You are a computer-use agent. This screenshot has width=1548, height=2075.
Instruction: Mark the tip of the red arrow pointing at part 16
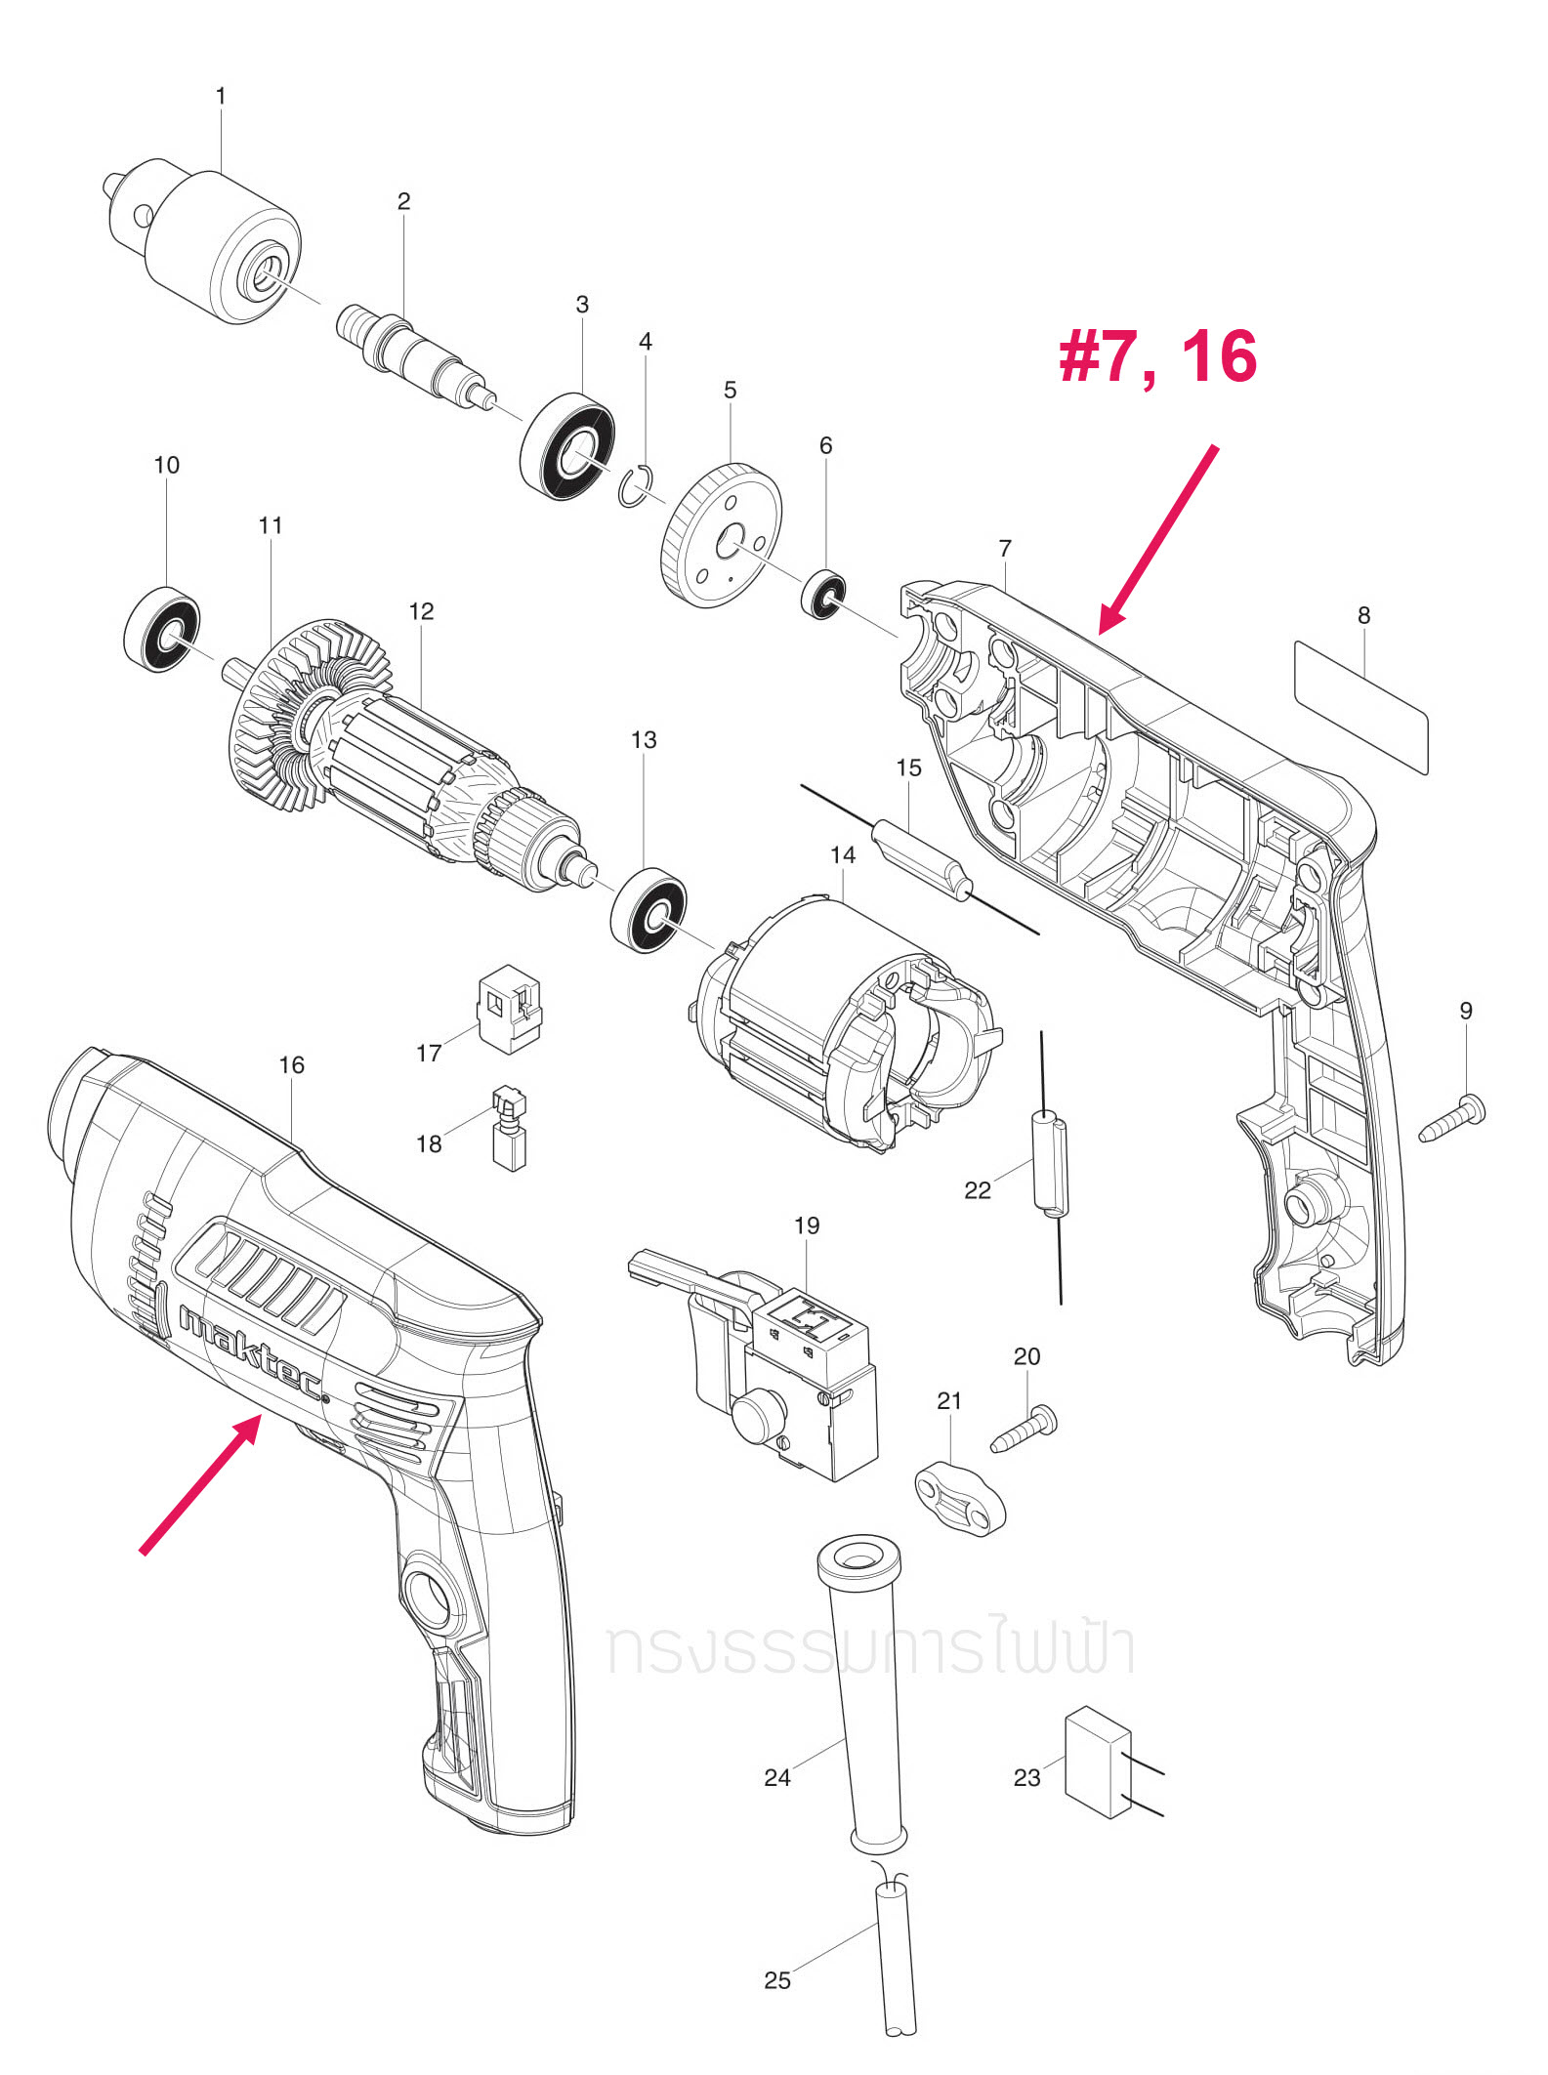260,1416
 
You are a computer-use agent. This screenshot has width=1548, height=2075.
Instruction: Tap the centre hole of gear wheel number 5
729,543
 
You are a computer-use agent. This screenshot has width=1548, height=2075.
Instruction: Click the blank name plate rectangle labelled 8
1361,707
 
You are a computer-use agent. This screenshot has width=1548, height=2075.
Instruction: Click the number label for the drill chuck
221,97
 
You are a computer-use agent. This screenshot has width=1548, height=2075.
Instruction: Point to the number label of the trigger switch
807,1225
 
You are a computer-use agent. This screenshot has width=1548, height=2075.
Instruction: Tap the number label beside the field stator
843,855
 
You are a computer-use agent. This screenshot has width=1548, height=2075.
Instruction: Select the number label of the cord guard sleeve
777,1778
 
